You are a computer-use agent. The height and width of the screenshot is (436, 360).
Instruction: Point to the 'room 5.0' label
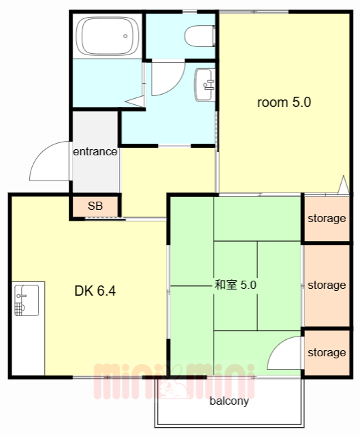[283, 103]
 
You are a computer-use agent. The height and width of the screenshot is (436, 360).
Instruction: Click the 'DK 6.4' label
[95, 291]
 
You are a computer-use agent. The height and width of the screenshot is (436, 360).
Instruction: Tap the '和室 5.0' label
[235, 285]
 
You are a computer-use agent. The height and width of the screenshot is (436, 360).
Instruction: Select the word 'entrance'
[95, 151]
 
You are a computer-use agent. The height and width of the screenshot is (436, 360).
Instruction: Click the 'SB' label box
[95, 206]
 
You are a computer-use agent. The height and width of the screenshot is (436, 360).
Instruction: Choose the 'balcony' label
[229, 401]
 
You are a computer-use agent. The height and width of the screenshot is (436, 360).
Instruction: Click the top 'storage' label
[327, 219]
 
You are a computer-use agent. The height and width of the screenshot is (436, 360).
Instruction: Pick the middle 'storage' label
[327, 285]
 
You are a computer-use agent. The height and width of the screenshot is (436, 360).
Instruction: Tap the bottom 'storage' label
[327, 352]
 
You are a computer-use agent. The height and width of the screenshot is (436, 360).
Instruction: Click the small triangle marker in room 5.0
[343, 185]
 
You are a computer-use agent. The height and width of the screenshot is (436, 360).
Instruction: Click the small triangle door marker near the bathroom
[135, 102]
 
